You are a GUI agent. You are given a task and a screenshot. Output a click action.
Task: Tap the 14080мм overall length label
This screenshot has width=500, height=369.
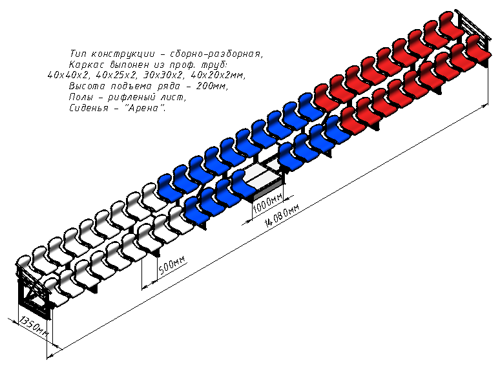pyautogui.click(x=282, y=216)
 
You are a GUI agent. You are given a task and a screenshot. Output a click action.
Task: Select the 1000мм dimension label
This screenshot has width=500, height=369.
pyautogui.click(x=267, y=203)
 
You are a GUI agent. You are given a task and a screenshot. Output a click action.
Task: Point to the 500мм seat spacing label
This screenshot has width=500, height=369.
pyautogui.click(x=172, y=265)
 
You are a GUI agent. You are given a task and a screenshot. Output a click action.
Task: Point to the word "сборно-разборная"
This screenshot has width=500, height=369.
pyautogui.click(x=216, y=54)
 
